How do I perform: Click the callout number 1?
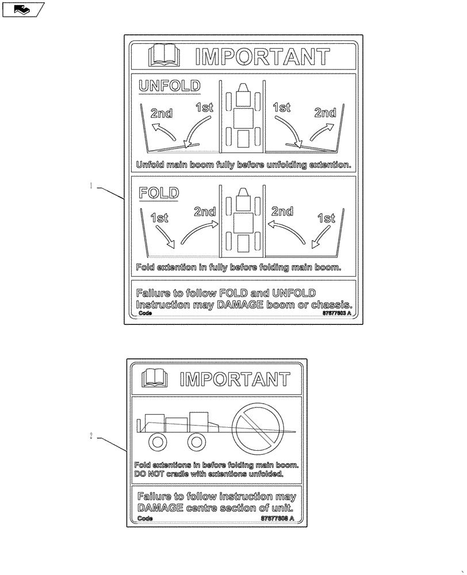point(90,186)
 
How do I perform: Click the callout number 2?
point(91,436)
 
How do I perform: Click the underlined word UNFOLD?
point(170,86)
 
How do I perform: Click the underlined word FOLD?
point(159,193)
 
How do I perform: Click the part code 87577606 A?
point(278,518)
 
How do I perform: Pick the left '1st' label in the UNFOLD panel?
point(204,107)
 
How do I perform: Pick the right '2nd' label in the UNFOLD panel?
point(325,113)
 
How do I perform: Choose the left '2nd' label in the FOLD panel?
point(204,212)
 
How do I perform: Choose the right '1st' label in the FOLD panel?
point(326,218)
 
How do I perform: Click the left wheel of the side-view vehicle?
point(157,442)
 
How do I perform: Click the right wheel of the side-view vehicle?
point(196,442)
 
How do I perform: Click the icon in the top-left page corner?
point(23,9)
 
